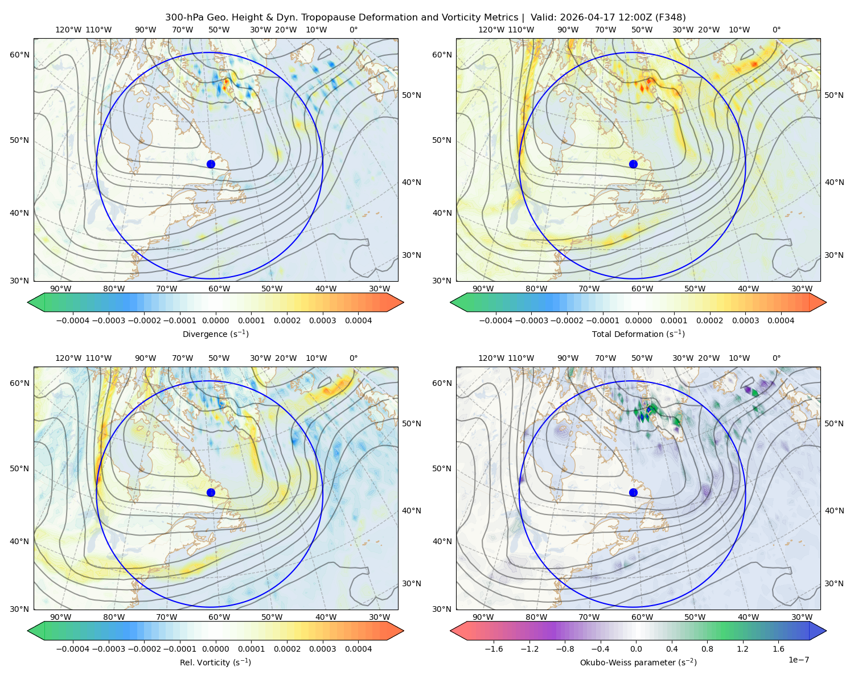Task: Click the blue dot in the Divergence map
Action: pos(211,164)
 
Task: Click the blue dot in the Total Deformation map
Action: pos(633,164)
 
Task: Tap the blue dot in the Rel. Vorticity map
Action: pos(211,492)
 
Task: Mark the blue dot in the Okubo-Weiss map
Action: pos(633,492)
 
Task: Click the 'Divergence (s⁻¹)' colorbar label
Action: pos(215,334)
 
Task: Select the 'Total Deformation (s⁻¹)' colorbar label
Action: pos(638,334)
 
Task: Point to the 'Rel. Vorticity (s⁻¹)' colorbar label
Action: pos(215,663)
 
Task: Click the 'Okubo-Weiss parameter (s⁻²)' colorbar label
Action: pos(638,663)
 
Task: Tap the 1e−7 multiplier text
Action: pos(798,660)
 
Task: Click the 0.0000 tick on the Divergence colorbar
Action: pos(215,320)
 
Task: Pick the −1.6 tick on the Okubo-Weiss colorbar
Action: pos(494,649)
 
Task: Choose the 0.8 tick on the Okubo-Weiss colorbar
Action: pos(707,649)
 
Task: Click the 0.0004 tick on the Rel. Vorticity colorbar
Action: pos(358,649)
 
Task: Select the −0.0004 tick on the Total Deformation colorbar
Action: pos(496,320)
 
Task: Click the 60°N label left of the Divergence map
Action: pos(19,55)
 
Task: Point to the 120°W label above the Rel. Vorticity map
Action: pos(68,358)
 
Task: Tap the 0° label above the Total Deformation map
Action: pos(776,30)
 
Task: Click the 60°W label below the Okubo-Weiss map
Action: pos(642,617)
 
